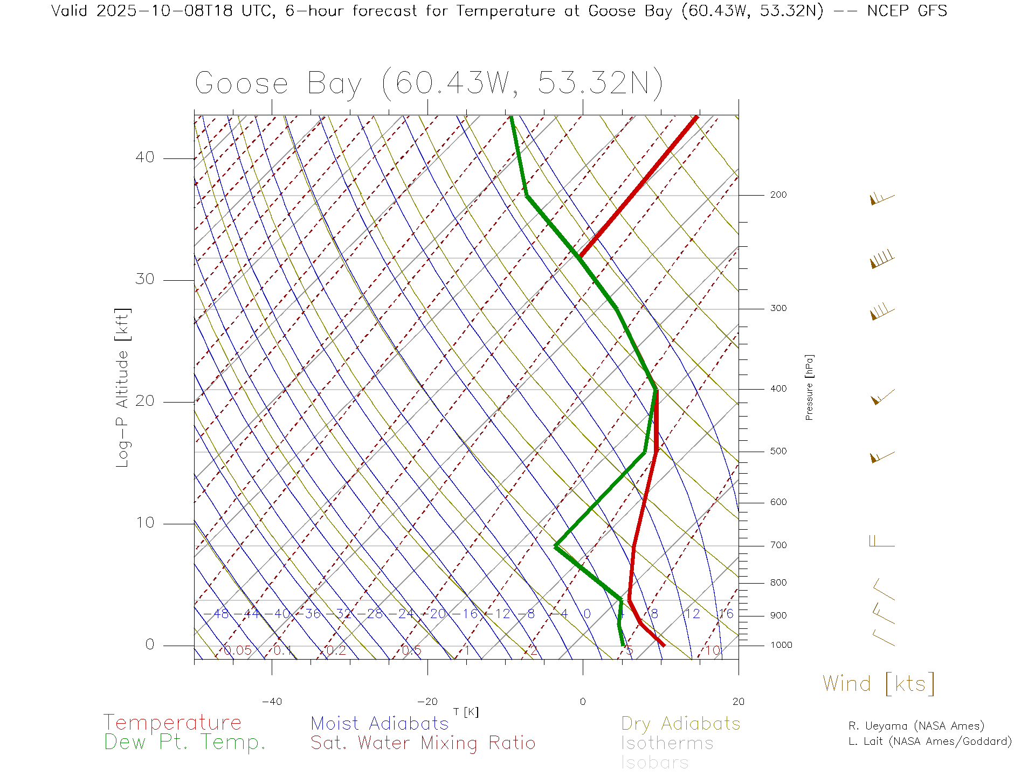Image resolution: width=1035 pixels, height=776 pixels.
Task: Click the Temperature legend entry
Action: click(x=172, y=722)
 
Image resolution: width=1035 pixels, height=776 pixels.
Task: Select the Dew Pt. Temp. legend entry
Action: click(x=184, y=742)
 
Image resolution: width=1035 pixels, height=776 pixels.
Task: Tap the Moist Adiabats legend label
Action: click(x=379, y=723)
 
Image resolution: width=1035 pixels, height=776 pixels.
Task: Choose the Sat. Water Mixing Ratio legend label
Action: click(x=423, y=743)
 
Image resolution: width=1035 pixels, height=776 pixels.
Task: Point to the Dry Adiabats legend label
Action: click(x=680, y=723)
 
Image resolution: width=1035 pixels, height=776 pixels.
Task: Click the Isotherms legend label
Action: click(x=667, y=743)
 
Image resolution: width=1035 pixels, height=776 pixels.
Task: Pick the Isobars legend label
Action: click(x=654, y=763)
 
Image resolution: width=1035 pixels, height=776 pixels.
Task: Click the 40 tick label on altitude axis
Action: click(x=144, y=157)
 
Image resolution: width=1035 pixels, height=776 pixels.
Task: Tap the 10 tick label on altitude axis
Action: click(x=144, y=523)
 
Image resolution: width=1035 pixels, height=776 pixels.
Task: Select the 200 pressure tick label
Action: click(x=778, y=195)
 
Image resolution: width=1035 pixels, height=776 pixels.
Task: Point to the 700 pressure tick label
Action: click(x=778, y=545)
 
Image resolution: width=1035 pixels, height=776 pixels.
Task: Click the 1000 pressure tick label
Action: click(x=781, y=645)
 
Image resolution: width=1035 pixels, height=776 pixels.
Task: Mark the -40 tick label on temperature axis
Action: click(x=272, y=702)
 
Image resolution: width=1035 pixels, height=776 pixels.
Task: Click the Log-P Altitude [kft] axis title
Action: click(x=123, y=387)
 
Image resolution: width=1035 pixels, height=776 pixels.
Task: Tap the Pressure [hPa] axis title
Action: click(x=809, y=387)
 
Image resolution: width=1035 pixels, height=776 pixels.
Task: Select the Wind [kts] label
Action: click(x=878, y=683)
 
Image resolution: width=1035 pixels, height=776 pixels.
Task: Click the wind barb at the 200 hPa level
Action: click(x=882, y=199)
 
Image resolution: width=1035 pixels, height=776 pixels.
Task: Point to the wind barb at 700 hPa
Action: click(x=882, y=541)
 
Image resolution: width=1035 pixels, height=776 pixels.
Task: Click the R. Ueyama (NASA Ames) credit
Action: click(x=916, y=726)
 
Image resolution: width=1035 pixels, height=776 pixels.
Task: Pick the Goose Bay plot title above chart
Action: click(x=429, y=84)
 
